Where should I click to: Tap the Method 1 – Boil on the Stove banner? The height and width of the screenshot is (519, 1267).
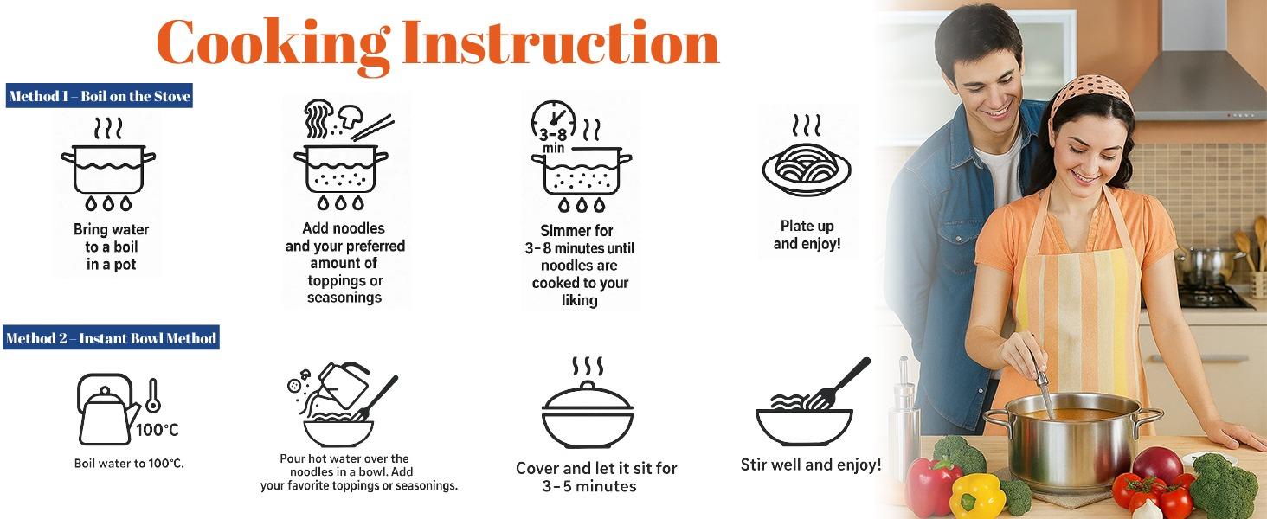pos(99,96)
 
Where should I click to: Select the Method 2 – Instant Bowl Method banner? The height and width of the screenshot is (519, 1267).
pos(111,338)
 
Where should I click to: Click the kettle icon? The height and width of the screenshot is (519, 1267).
pos(107,409)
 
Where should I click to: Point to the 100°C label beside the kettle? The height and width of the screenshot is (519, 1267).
pos(158,430)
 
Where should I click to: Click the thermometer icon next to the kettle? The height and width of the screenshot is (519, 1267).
pos(152,395)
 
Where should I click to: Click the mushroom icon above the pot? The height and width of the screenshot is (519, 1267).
pos(351,116)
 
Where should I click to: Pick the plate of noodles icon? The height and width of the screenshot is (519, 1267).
pos(807,168)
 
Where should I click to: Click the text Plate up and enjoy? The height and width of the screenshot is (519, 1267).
pos(807,234)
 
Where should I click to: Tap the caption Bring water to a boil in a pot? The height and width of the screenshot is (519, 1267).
pos(111,247)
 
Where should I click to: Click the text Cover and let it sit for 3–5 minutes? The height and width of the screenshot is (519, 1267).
pos(595,477)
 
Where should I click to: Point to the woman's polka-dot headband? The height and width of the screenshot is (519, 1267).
pos(1090,93)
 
